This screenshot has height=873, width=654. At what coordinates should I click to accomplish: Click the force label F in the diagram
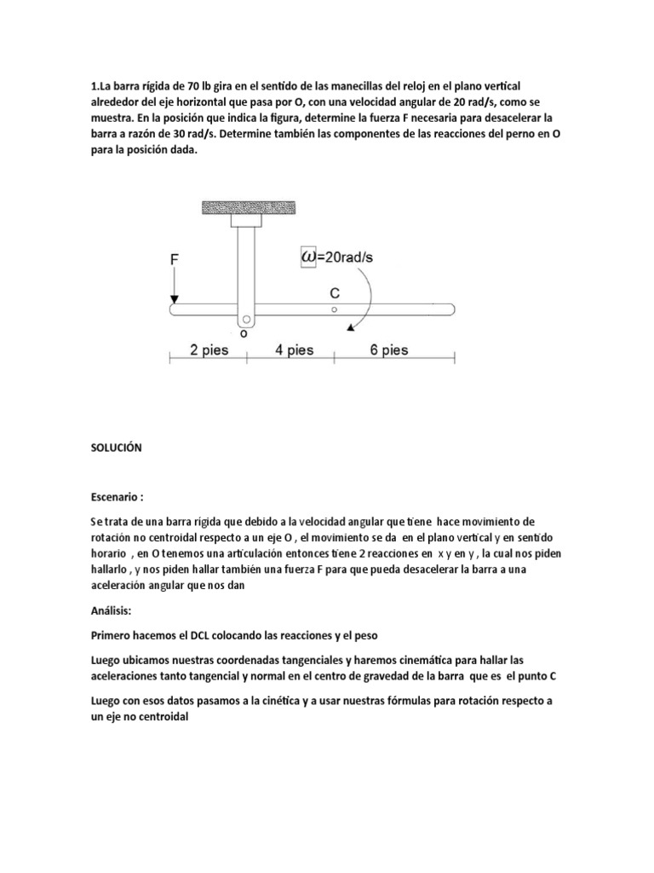(175, 257)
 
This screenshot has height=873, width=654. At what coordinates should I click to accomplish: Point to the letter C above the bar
(336, 292)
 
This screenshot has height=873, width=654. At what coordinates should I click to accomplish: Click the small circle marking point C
(336, 309)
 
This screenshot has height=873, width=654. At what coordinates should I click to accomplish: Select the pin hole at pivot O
(247, 321)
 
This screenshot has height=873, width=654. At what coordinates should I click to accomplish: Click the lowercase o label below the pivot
(244, 335)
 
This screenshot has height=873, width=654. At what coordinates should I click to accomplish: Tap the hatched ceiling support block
(248, 206)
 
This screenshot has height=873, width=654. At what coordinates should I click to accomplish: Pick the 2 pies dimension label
(208, 350)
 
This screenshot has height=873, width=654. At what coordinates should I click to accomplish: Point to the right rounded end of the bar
(451, 309)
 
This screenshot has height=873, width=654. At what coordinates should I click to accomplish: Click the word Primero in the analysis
(113, 635)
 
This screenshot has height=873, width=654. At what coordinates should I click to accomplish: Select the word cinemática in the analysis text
(419, 659)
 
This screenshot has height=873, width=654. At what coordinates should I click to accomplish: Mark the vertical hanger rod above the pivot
(247, 264)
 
